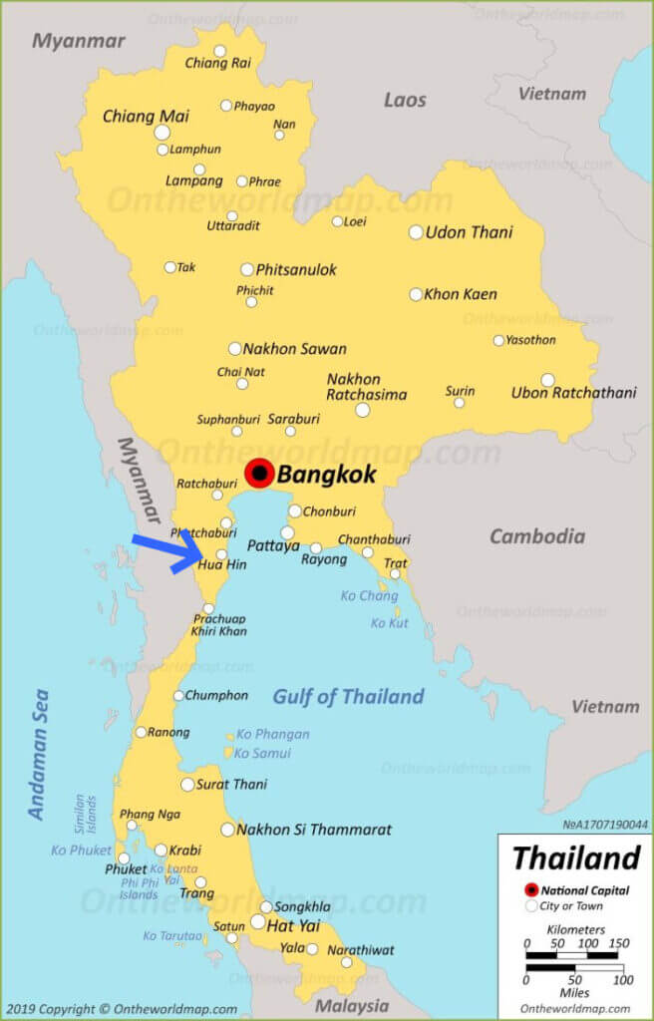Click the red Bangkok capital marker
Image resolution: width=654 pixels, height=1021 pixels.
click(x=260, y=473)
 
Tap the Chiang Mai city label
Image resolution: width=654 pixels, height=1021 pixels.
click(x=146, y=117)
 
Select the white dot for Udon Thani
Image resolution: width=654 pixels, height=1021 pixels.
click(x=416, y=232)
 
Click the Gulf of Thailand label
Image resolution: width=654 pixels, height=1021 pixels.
click(x=348, y=696)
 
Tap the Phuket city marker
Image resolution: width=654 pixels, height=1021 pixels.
click(x=124, y=857)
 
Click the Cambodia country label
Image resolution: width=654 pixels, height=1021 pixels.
click(x=536, y=536)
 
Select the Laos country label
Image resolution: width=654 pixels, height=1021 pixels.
click(x=405, y=100)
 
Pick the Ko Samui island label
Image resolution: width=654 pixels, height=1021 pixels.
click(x=263, y=753)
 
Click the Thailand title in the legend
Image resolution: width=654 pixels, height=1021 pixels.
click(x=575, y=857)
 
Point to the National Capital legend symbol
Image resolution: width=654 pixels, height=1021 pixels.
click(x=531, y=889)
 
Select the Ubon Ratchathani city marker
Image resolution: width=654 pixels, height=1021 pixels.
click(x=547, y=380)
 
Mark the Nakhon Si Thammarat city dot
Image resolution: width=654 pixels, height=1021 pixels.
click(x=227, y=830)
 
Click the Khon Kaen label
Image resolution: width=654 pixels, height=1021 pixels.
click(x=460, y=294)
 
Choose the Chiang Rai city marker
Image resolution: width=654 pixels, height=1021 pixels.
click(x=219, y=51)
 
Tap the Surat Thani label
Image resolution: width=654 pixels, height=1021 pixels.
click(x=231, y=785)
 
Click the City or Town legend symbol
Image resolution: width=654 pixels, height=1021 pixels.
click(x=531, y=906)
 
